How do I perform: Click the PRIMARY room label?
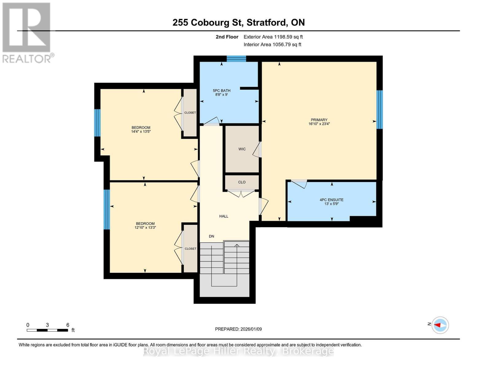coord(319,120)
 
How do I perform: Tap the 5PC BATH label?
coord(221,90)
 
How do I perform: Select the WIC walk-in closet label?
coord(242,149)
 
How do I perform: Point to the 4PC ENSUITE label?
coord(331,200)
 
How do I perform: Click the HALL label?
coord(224,216)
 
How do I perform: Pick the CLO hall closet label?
coord(242,182)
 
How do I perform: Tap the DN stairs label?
coord(211,236)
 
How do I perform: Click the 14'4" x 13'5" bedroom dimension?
coord(141,132)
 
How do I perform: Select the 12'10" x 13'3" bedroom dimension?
coord(145,228)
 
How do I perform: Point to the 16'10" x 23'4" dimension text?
coord(319,124)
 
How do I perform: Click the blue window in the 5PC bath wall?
coord(237,59)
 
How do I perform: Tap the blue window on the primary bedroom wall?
coord(380,109)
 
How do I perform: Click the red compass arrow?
coord(437,325)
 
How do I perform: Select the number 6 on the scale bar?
coord(68,325)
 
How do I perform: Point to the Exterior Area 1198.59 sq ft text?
coord(273,37)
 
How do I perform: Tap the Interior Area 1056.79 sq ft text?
coord(272,45)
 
